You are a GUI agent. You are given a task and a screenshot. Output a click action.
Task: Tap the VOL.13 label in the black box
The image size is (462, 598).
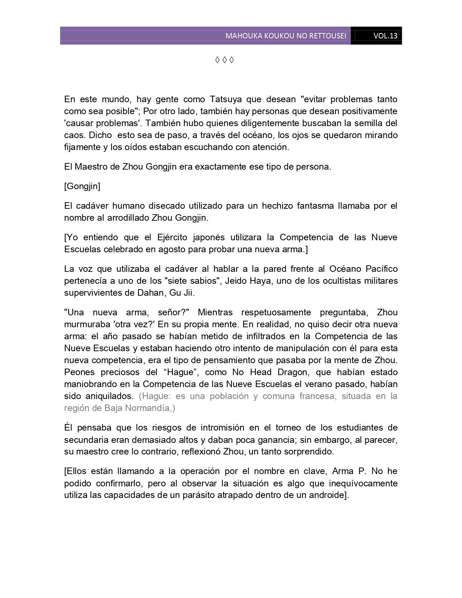(x=386, y=36)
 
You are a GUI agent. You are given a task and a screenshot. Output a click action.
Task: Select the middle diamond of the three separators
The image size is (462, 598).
(x=224, y=60)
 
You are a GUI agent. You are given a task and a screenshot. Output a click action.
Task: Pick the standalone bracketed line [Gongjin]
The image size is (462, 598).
(x=82, y=186)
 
